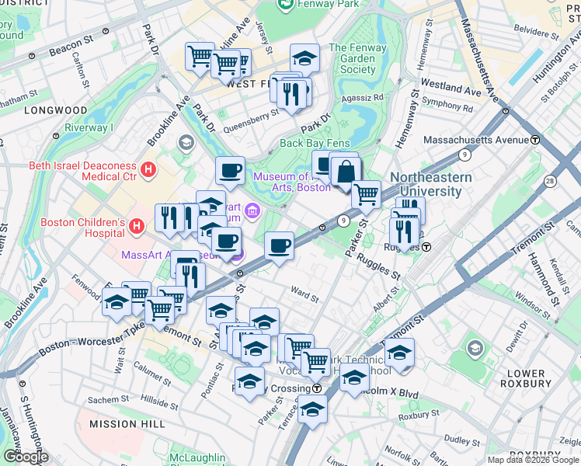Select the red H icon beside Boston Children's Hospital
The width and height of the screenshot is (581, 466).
137,226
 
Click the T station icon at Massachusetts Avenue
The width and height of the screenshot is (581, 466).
535,140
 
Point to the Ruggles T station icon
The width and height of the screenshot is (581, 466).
426,247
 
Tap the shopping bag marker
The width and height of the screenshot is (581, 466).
344,171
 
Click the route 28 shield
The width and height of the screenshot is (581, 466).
550,180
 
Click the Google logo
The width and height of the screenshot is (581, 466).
25,457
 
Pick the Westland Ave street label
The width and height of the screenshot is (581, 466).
451,85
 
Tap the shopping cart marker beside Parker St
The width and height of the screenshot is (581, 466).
365,194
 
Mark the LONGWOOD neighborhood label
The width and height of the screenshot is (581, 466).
55,110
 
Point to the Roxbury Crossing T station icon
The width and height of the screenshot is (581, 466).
317,388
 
